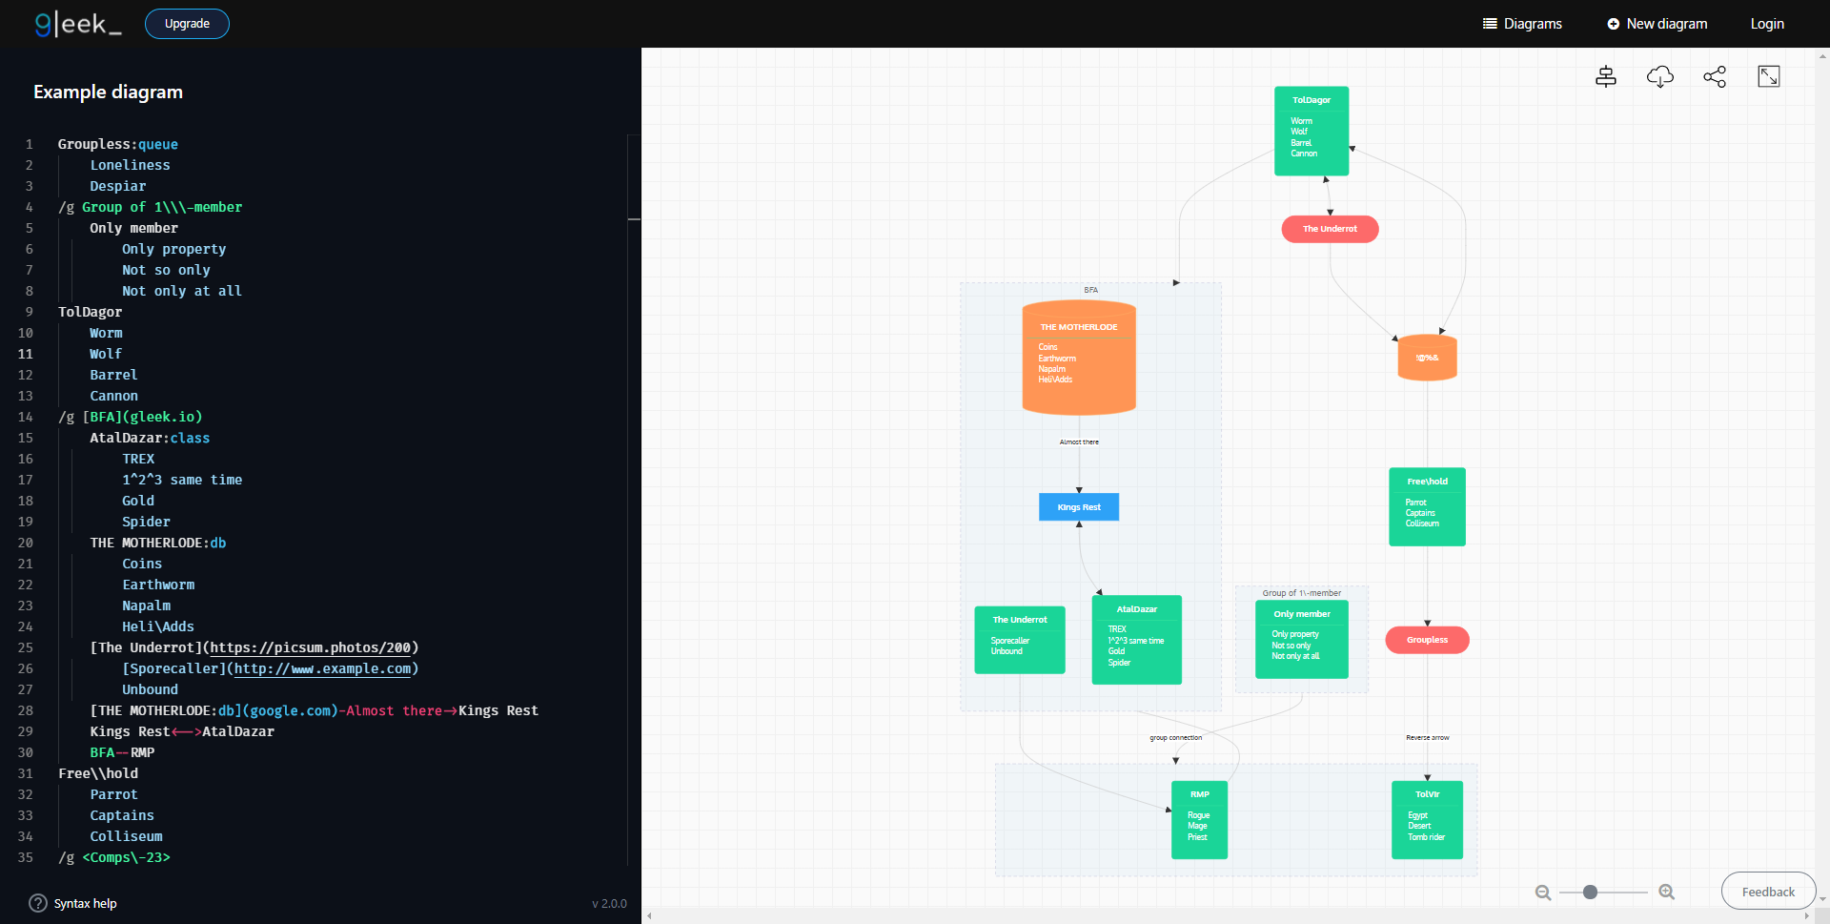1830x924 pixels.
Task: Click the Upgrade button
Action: click(x=187, y=24)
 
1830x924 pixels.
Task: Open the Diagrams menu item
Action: click(x=1522, y=24)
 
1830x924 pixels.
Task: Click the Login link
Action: click(x=1766, y=24)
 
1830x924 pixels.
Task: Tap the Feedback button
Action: click(x=1767, y=892)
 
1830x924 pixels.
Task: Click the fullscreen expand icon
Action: click(x=1768, y=76)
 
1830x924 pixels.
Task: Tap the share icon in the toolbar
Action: click(x=1714, y=76)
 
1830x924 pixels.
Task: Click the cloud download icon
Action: click(x=1659, y=76)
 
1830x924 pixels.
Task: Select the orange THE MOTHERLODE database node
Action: click(x=1078, y=359)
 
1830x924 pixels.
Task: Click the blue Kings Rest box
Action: click(x=1078, y=507)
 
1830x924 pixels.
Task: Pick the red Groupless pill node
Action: click(x=1426, y=640)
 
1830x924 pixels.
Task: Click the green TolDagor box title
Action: click(x=1311, y=100)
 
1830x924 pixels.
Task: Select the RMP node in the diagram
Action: click(x=1199, y=794)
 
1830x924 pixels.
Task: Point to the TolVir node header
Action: click(x=1427, y=794)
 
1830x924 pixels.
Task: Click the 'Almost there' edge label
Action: click(x=1078, y=441)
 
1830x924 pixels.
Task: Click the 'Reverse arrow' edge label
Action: click(x=1427, y=737)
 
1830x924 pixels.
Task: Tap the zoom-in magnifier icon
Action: click(x=1666, y=892)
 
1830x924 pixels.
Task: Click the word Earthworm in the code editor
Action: click(x=158, y=585)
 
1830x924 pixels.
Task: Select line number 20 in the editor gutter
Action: click(x=26, y=543)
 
